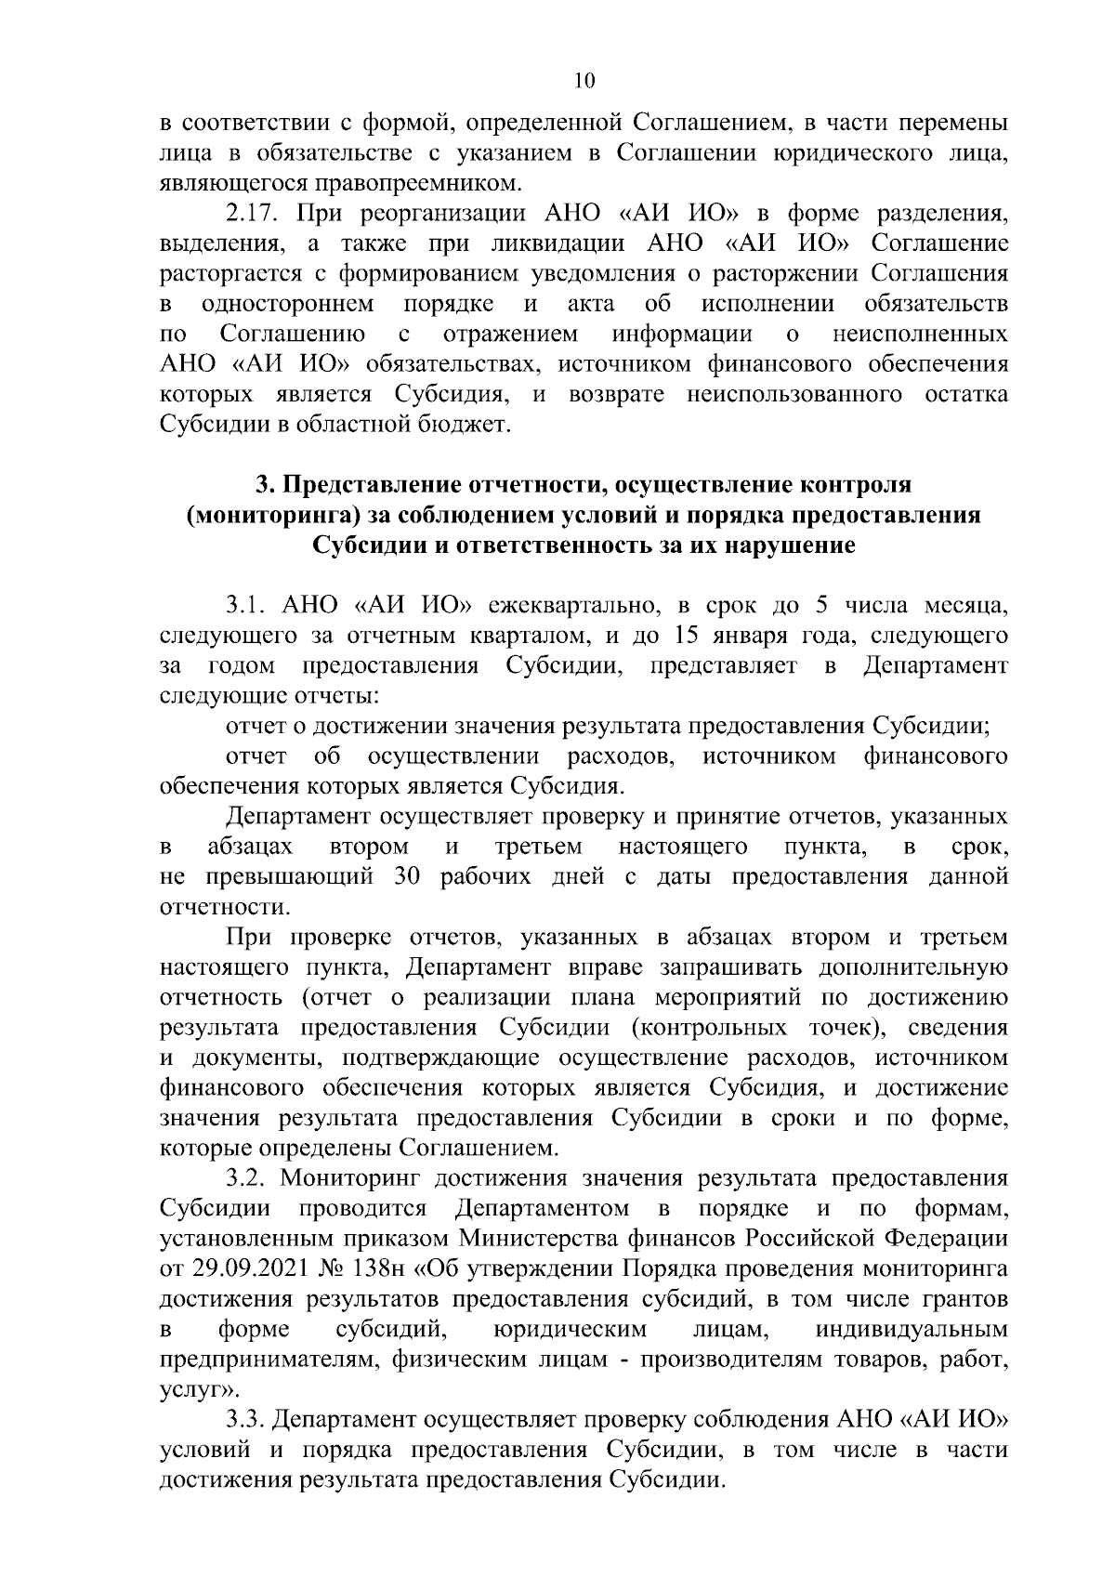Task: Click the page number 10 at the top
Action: coord(584,81)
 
